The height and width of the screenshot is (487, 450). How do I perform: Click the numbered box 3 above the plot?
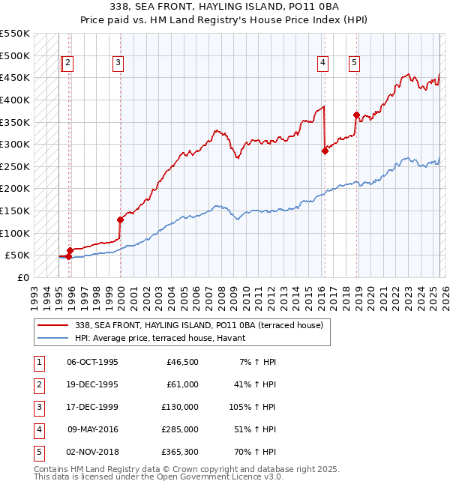point(118,64)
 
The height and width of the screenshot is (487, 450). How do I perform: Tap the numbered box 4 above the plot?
point(322,64)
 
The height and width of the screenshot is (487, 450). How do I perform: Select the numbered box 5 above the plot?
point(353,64)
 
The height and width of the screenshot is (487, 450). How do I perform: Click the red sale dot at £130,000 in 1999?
point(120,220)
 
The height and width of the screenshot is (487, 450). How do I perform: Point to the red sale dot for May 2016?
point(325,151)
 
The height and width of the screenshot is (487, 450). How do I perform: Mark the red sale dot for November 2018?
point(356,115)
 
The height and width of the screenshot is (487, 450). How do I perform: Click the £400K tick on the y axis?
point(15,100)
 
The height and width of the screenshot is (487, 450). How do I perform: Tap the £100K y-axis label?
point(15,233)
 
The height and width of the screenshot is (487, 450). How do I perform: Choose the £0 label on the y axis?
point(22,277)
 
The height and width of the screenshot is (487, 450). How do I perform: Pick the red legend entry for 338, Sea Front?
point(199,325)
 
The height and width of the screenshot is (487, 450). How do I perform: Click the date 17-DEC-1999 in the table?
point(93,407)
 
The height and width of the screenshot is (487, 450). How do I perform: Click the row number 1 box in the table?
point(40,362)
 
